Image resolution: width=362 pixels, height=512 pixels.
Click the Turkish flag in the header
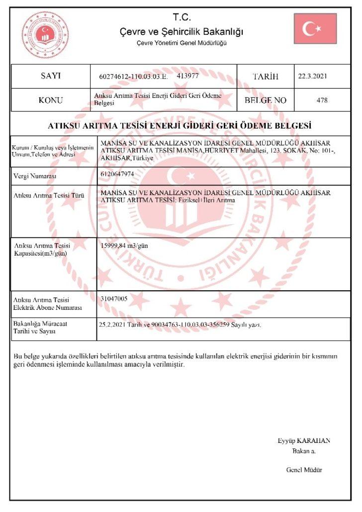(315, 28)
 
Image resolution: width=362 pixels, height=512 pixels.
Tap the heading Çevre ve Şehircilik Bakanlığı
(181, 32)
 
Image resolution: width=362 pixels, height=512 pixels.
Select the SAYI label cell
(50, 76)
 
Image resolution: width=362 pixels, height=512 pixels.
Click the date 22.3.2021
(313, 77)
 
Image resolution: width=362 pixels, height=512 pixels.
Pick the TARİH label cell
(266, 77)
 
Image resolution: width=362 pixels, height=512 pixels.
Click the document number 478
(322, 100)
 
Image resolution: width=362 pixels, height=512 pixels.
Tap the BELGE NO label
(266, 100)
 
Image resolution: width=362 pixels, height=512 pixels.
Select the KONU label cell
(50, 100)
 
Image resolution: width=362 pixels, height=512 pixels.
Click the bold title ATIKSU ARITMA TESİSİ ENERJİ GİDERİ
(179, 125)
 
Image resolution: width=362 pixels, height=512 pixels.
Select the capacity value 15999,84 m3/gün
(124, 246)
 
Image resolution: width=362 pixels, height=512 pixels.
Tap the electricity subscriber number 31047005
(114, 299)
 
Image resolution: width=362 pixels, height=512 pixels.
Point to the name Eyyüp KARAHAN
(304, 440)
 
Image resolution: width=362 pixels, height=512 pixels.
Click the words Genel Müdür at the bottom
(304, 470)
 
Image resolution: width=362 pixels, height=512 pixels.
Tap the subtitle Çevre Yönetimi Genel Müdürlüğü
(181, 43)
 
